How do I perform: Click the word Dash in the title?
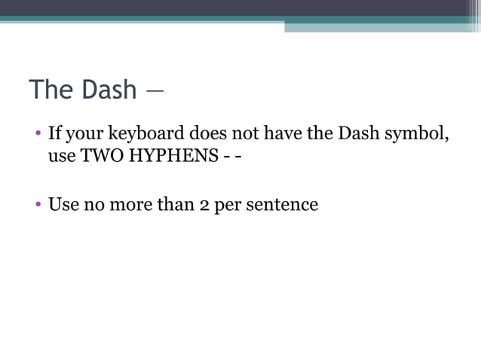pyautogui.click(x=109, y=90)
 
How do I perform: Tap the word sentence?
pyautogui.click(x=281, y=205)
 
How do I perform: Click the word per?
pyautogui.click(x=228, y=205)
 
